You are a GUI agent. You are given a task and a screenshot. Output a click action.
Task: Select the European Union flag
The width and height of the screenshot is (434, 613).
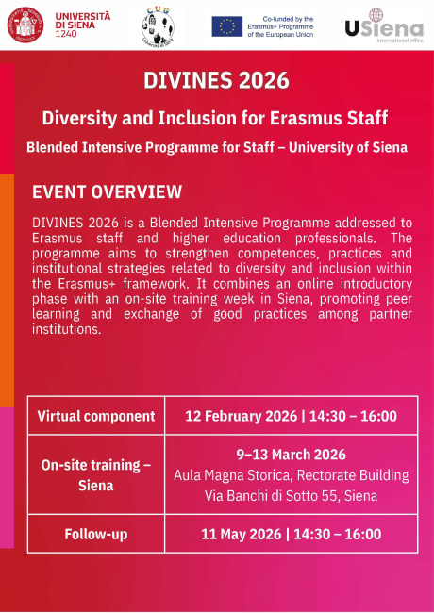(226, 25)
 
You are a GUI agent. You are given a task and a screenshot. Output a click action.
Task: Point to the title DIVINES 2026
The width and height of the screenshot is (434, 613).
(216, 80)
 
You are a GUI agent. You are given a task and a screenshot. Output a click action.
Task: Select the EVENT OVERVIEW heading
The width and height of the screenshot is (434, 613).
(107, 192)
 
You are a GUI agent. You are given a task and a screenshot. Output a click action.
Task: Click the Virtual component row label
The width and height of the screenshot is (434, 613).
(96, 416)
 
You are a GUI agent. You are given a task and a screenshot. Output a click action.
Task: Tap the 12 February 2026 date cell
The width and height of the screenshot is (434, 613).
(291, 416)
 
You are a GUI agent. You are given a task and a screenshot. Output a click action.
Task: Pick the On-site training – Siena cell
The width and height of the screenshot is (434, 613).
(96, 475)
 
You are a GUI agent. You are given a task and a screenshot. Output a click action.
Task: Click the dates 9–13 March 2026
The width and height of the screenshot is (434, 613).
(291, 455)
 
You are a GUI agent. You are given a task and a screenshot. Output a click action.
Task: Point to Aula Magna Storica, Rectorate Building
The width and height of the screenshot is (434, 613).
(291, 474)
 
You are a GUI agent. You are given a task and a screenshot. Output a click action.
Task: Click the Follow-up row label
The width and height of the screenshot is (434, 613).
(96, 535)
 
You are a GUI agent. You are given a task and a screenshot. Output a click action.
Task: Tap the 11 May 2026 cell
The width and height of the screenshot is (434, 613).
(291, 535)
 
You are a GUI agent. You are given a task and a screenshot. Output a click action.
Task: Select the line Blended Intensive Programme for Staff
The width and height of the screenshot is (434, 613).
(216, 148)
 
